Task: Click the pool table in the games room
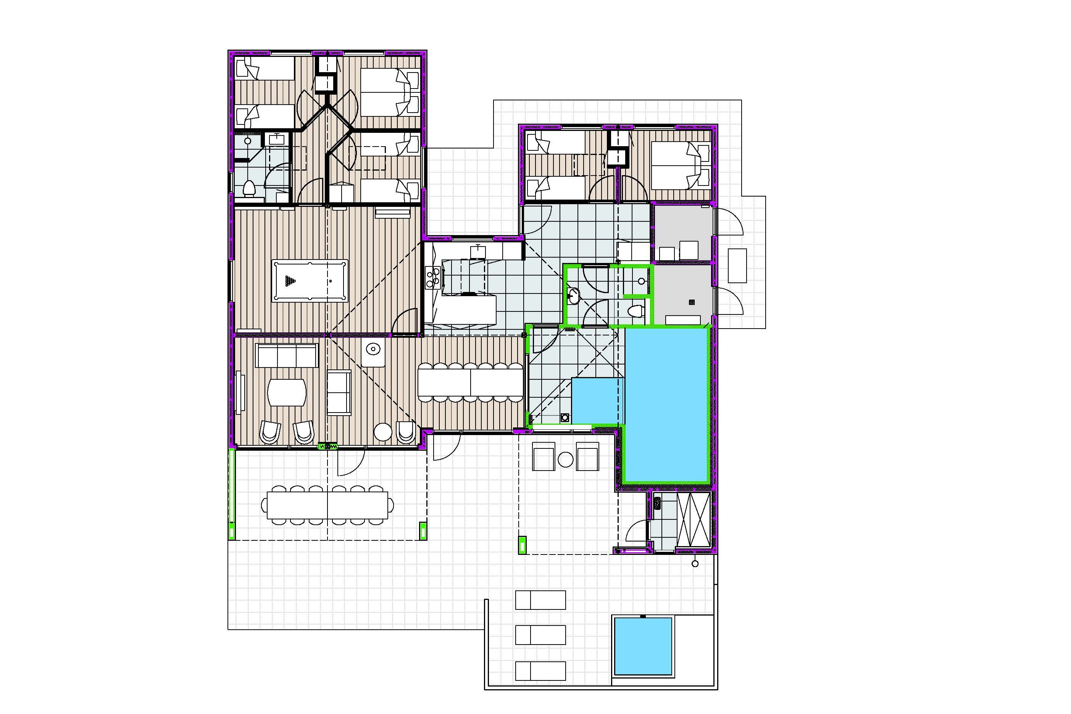click(x=310, y=280)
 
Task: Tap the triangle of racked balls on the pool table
click(x=290, y=281)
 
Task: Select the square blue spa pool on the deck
click(x=643, y=646)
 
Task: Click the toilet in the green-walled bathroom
click(x=636, y=311)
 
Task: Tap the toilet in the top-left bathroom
click(x=248, y=188)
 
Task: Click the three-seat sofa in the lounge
click(x=286, y=356)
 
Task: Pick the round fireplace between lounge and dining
click(x=373, y=349)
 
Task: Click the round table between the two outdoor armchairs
click(x=566, y=459)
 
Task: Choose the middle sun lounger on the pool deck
click(x=540, y=635)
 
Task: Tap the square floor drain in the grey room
click(x=692, y=302)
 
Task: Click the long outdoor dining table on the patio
click(x=327, y=505)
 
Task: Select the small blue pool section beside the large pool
click(x=597, y=401)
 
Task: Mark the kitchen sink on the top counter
click(x=477, y=252)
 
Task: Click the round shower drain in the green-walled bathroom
click(x=642, y=281)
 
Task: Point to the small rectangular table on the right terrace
click(x=737, y=266)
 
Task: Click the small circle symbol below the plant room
click(x=695, y=564)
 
